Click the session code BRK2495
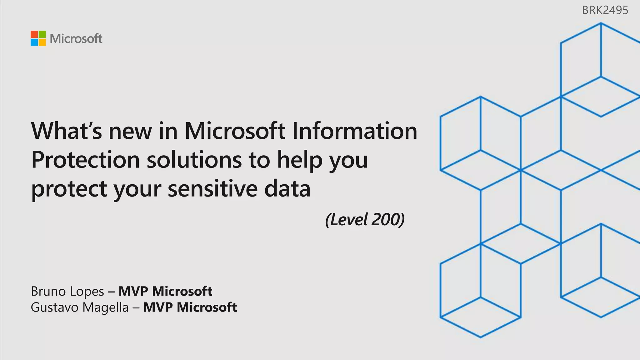[x=605, y=10]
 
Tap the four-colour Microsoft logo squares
[x=38, y=38]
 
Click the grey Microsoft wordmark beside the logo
[x=76, y=39]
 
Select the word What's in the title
[x=66, y=131]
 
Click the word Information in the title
[x=354, y=131]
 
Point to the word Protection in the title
[x=85, y=160]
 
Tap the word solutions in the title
[x=194, y=160]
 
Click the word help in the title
[x=299, y=160]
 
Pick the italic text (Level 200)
[x=365, y=220]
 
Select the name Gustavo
[x=54, y=307]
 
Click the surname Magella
[x=106, y=308]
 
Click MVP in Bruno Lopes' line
[x=133, y=291]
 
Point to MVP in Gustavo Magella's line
[x=158, y=307]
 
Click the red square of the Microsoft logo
[x=34, y=34]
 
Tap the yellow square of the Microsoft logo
[x=42, y=42]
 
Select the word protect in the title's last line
[x=69, y=189]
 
